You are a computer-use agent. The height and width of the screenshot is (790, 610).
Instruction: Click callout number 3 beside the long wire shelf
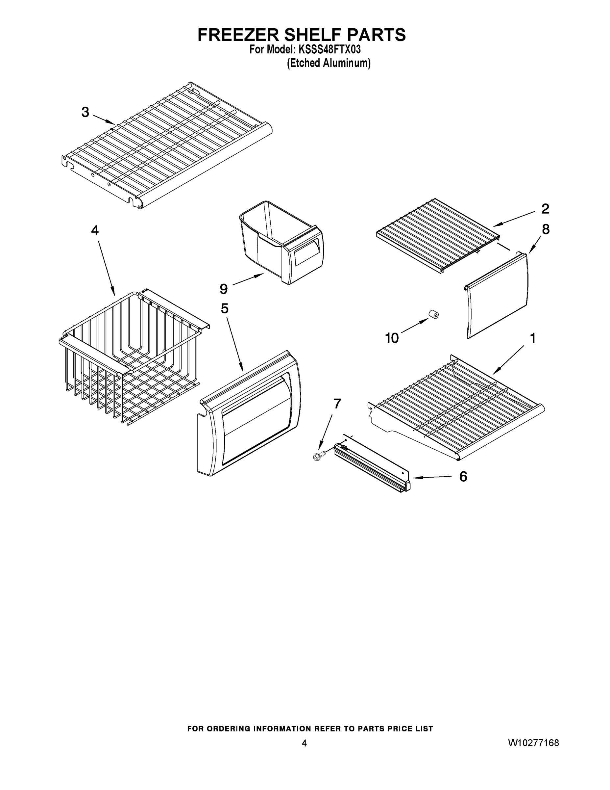85,112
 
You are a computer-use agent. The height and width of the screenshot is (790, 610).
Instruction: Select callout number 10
392,338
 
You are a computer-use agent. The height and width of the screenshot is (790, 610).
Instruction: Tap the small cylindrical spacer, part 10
433,314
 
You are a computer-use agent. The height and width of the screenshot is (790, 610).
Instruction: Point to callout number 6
463,477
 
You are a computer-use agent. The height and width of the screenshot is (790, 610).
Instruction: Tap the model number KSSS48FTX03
329,49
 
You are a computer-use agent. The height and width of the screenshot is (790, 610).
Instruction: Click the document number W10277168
533,743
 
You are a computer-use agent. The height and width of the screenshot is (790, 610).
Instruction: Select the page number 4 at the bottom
304,743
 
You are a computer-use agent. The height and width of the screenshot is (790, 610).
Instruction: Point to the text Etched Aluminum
329,63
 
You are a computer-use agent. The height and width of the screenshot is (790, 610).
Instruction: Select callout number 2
545,209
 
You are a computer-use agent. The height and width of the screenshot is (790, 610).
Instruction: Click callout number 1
533,338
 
